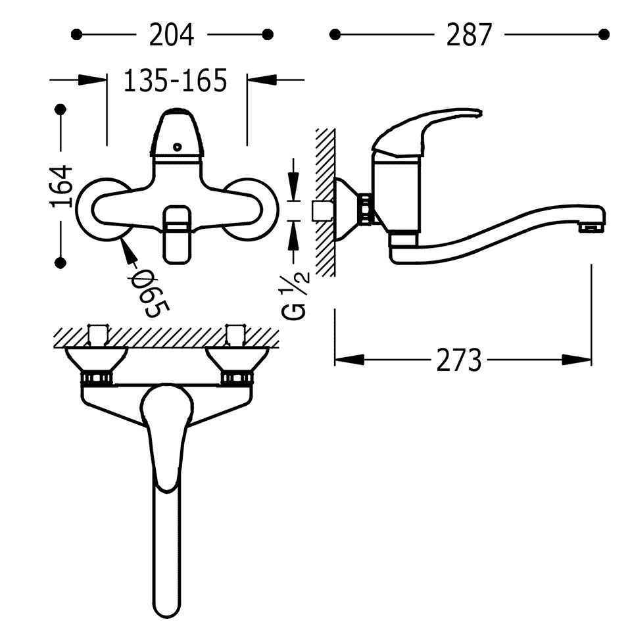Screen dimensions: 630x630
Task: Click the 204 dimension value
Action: coord(172,35)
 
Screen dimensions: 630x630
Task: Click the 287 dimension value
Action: coord(469,35)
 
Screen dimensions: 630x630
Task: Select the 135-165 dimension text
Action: coord(175,81)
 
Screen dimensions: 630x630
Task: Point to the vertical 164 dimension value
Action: coord(61,185)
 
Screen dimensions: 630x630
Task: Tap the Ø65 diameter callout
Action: coord(151,292)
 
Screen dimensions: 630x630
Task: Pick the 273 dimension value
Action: coord(458,360)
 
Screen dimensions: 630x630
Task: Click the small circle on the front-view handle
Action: coord(177,147)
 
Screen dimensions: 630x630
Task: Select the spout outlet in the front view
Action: coord(177,235)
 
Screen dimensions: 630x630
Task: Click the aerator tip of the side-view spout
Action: coord(591,228)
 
